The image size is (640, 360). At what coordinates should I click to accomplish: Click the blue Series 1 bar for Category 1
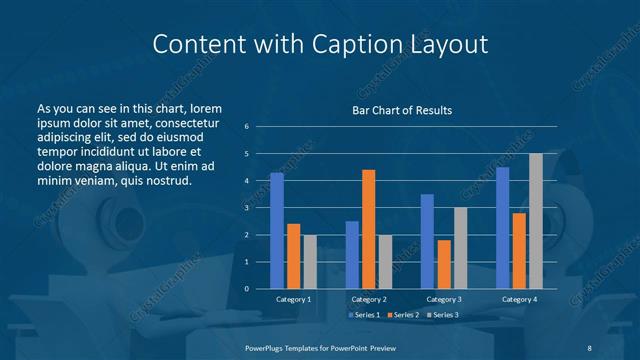pyautogui.click(x=277, y=231)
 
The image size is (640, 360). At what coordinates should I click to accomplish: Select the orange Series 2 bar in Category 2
pyautogui.click(x=368, y=229)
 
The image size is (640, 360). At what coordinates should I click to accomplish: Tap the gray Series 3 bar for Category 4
pyautogui.click(x=535, y=221)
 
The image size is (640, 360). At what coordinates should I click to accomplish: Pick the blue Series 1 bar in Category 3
pyautogui.click(x=427, y=241)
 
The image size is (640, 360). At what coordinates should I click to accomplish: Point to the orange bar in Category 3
pyautogui.click(x=443, y=264)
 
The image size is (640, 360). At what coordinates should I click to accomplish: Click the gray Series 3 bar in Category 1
pyautogui.click(x=309, y=262)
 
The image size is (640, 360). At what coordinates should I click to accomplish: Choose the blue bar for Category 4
pyautogui.click(x=502, y=228)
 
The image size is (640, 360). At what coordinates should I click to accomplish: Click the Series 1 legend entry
pyautogui.click(x=363, y=316)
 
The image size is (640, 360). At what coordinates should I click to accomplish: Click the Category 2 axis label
pyautogui.click(x=368, y=300)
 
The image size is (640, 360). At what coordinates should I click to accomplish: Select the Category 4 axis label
pyautogui.click(x=518, y=300)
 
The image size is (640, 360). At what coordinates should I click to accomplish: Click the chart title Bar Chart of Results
pyautogui.click(x=402, y=109)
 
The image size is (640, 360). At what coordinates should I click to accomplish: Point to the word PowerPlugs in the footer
pyautogui.click(x=267, y=349)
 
